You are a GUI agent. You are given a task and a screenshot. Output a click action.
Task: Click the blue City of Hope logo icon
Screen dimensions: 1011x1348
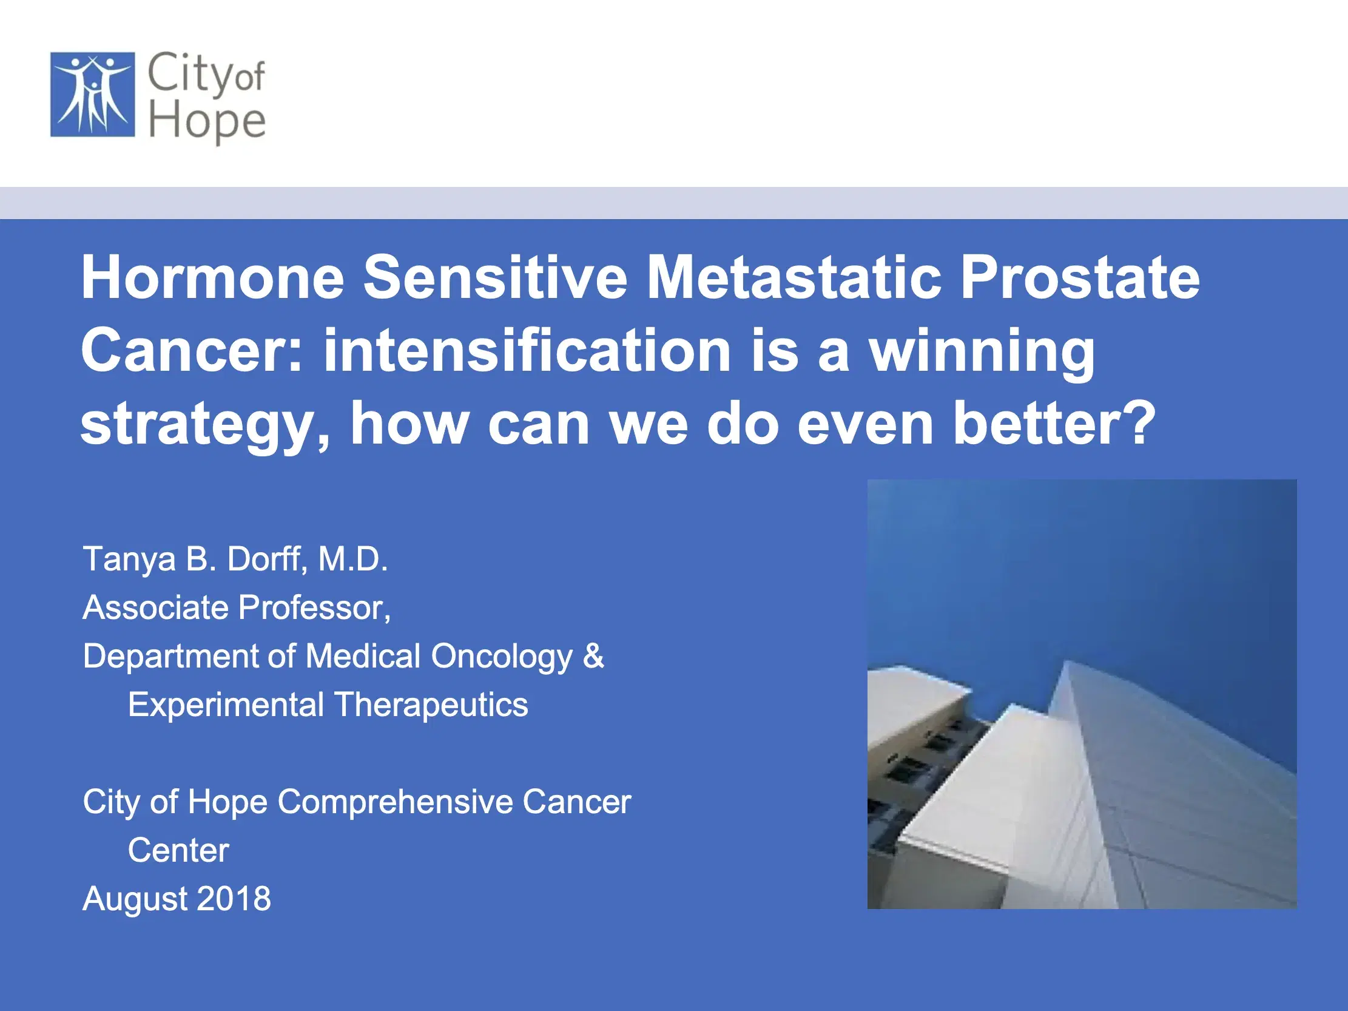pyautogui.click(x=93, y=95)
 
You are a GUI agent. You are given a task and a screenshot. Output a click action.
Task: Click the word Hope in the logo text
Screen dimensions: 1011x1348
pyautogui.click(x=207, y=121)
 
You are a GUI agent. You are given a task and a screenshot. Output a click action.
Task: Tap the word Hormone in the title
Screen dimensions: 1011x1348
pyautogui.click(x=213, y=278)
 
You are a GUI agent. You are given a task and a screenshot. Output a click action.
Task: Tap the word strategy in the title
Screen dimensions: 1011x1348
pyautogui.click(x=205, y=424)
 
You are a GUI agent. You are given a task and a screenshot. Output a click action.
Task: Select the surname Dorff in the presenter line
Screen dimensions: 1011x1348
pyautogui.click(x=267, y=559)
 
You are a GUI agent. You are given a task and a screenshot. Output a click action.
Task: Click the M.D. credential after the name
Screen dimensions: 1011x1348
pyautogui.click(x=353, y=559)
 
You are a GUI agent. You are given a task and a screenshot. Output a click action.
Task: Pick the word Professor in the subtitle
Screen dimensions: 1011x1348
pyautogui.click(x=314, y=607)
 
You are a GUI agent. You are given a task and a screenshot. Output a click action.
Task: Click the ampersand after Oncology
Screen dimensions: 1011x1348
pyautogui.click(x=593, y=657)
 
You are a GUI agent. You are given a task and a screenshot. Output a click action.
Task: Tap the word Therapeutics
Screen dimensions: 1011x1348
pyautogui.click(x=431, y=705)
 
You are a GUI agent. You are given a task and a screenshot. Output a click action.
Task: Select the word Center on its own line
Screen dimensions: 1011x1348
pyautogui.click(x=178, y=850)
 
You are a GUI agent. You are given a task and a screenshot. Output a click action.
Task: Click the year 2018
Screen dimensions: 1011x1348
pyautogui.click(x=234, y=899)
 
